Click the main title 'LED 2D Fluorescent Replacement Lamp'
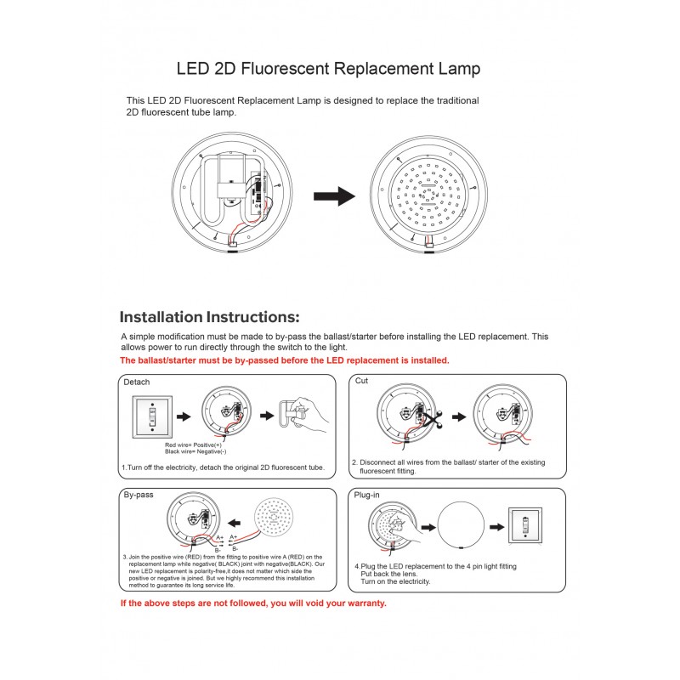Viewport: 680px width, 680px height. coord(328,67)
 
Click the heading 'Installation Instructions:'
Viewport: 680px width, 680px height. coord(209,317)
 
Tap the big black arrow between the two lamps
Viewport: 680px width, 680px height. coord(334,196)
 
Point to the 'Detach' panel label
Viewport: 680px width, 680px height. coord(137,382)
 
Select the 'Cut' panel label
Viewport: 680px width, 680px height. coord(361,382)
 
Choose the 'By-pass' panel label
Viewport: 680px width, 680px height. coord(139,495)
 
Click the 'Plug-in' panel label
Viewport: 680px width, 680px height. coord(366,495)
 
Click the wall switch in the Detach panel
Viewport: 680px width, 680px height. coord(151,416)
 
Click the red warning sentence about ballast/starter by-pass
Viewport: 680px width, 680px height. coord(285,360)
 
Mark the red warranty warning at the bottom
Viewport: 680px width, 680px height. coord(253,603)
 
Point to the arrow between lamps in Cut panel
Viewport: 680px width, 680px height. coord(459,417)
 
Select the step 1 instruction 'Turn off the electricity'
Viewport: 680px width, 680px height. coord(223,467)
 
